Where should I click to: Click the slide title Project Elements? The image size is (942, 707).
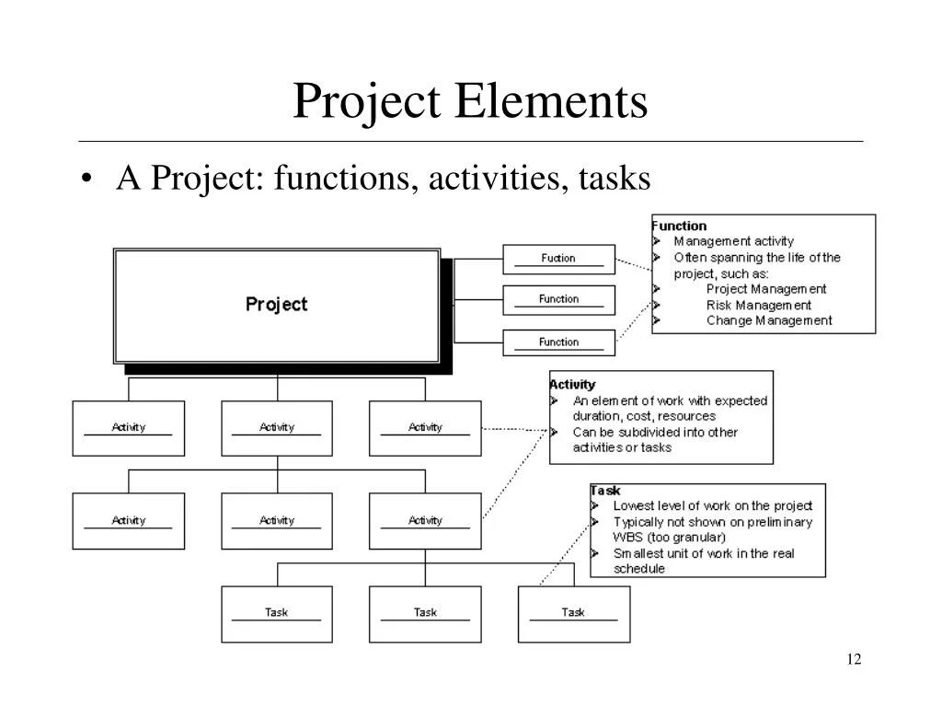470,101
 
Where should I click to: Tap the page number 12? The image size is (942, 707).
854,659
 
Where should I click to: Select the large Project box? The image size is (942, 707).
276,305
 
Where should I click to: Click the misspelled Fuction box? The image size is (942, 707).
558,259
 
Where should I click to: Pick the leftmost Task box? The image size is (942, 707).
276,613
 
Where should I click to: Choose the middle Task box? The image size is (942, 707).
425,613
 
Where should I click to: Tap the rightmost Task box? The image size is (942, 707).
573,613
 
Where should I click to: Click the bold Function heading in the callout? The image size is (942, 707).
679,226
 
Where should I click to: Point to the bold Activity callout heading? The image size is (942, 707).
572,384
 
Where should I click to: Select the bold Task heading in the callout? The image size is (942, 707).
605,491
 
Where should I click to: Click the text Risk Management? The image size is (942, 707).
759,305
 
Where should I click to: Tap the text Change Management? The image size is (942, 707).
769,320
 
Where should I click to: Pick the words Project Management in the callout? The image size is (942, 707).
766,289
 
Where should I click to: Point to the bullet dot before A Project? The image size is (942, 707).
86,180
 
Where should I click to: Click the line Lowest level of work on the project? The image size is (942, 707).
712,505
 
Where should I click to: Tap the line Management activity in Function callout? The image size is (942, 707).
733,241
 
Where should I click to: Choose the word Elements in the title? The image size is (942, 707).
549,101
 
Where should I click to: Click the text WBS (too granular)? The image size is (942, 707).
669,537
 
